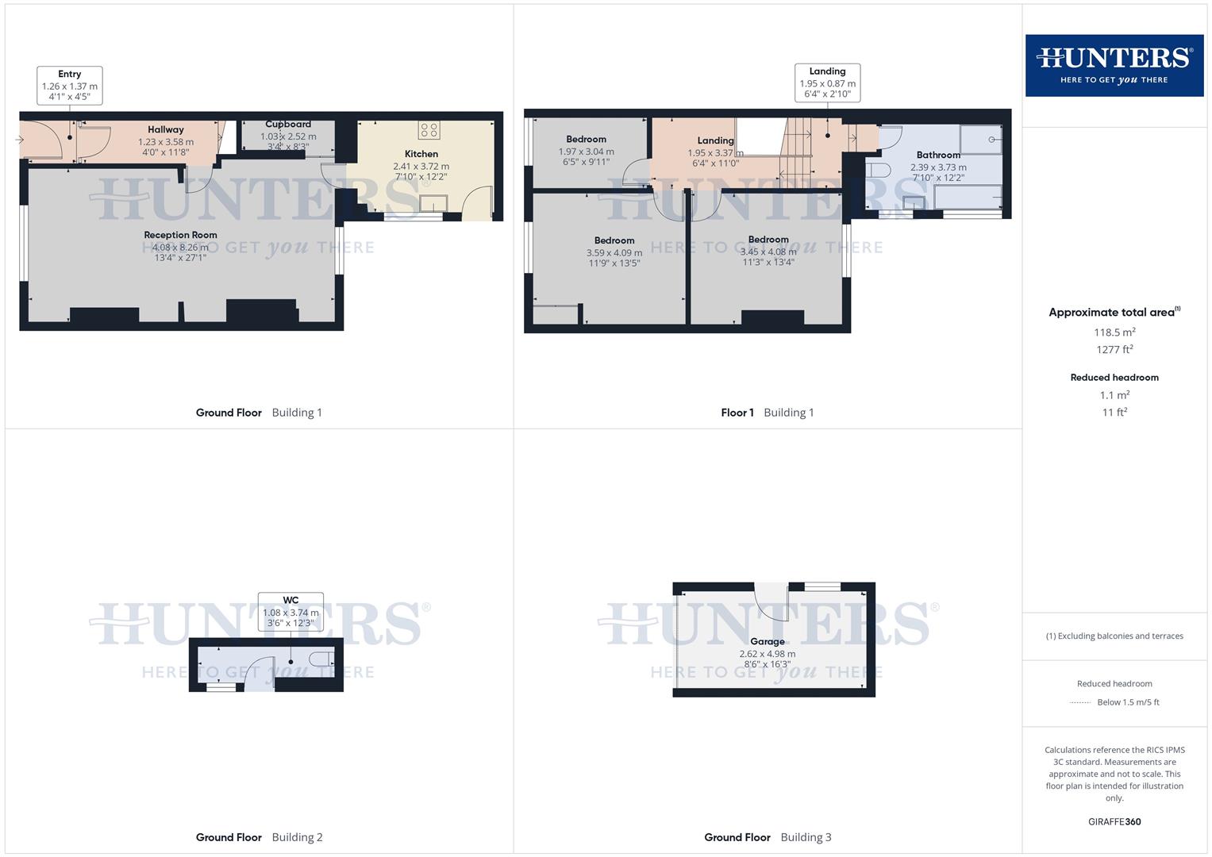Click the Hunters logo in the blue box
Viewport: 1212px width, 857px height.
pyautogui.click(x=1114, y=65)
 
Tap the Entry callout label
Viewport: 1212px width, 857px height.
pyautogui.click(x=70, y=85)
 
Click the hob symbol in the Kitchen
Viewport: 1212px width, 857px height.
pyautogui.click(x=429, y=130)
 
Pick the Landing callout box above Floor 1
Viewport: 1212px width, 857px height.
pyautogui.click(x=827, y=83)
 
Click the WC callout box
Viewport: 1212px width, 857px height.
pyautogui.click(x=290, y=612)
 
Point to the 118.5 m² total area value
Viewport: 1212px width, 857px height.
pyautogui.click(x=1114, y=332)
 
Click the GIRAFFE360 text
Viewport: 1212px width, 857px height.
pyautogui.click(x=1114, y=821)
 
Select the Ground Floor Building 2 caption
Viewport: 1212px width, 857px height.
pyautogui.click(x=259, y=837)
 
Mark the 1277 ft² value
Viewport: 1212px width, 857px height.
pyautogui.click(x=1114, y=349)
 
